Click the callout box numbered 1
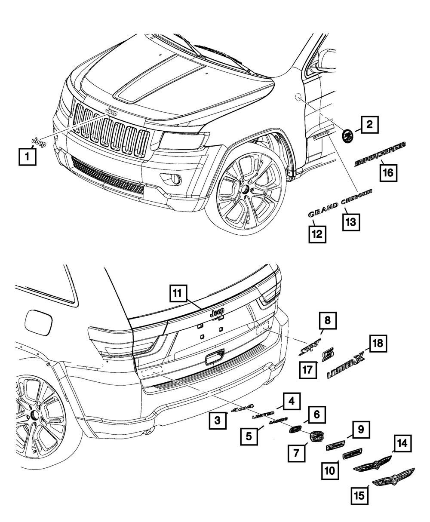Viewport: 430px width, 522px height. pyautogui.click(x=27, y=157)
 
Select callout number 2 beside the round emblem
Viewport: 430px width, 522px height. pyautogui.click(x=369, y=125)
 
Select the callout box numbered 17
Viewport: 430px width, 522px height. pyautogui.click(x=308, y=370)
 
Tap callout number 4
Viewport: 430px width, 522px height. pyautogui.click(x=291, y=402)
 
